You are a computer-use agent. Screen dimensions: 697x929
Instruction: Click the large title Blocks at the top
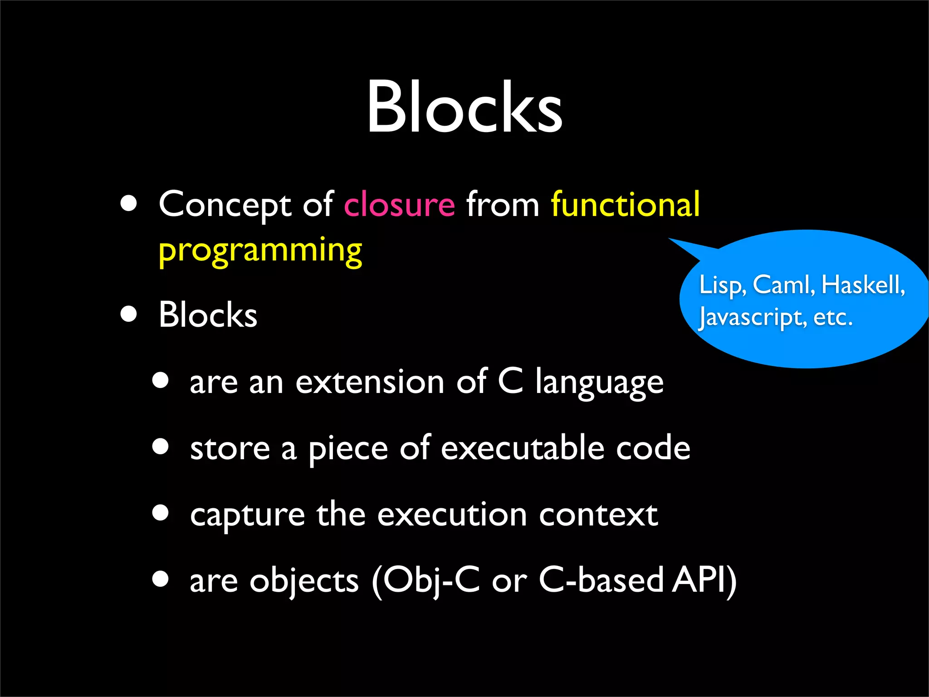[x=464, y=107]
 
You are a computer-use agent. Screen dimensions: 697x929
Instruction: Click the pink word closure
[x=399, y=205]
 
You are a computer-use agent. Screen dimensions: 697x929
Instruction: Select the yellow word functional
[x=625, y=205]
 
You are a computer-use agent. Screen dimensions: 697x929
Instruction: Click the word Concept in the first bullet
[x=225, y=205]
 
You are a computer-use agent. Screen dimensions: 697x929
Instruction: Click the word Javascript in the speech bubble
[x=752, y=317]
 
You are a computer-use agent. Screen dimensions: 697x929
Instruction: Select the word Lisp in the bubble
[x=722, y=285]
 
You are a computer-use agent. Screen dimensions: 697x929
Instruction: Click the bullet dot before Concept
[x=129, y=204]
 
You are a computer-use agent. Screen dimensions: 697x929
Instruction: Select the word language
[x=599, y=383]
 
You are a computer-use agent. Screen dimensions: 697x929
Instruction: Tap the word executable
[x=523, y=448]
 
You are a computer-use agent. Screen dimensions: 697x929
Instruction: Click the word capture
[x=247, y=515]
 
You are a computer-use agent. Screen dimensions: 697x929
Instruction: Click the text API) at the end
[x=704, y=580]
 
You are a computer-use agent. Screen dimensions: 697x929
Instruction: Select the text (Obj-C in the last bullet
[x=425, y=580]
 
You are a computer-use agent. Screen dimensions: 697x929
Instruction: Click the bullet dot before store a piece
[x=161, y=447]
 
